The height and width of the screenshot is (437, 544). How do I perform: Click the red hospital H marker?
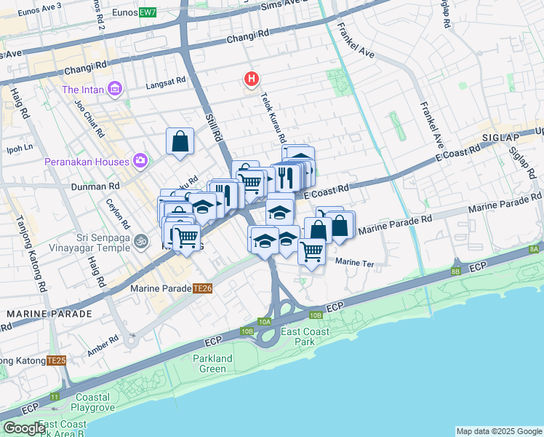tap(252, 79)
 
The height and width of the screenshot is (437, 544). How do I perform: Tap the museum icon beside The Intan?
tap(114, 90)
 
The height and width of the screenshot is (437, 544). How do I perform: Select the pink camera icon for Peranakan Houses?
tap(140, 161)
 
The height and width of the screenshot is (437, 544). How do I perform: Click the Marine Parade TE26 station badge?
tap(202, 288)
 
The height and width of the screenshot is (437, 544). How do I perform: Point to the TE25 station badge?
tap(56, 360)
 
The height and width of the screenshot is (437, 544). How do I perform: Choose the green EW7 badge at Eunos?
tap(148, 12)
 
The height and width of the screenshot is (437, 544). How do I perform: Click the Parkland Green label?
tap(212, 363)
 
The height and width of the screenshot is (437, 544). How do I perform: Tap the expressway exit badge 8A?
tap(534, 249)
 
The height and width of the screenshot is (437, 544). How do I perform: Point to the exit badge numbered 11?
tap(55, 397)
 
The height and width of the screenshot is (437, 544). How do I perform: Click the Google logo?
tap(24, 428)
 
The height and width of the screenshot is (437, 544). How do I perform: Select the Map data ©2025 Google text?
tap(497, 431)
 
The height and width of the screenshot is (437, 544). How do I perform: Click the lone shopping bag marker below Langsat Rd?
tap(180, 141)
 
